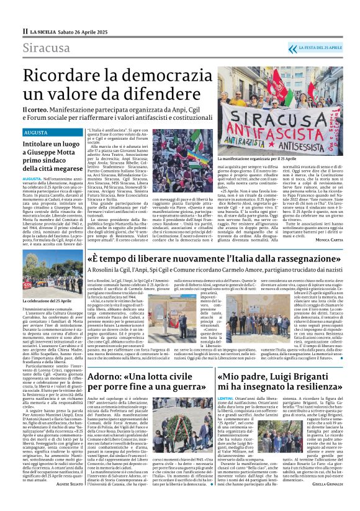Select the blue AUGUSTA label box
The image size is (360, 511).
[40, 133]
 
